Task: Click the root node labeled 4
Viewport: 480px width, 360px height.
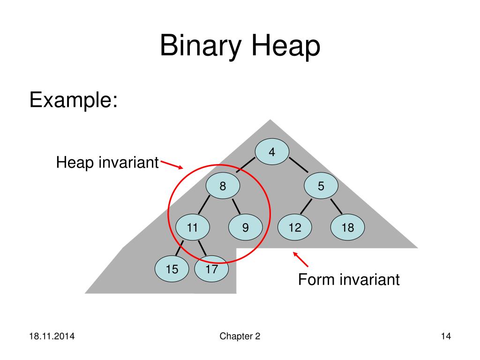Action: click(272, 152)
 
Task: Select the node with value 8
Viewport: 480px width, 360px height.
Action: click(223, 186)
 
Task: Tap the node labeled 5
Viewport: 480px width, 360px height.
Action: click(321, 186)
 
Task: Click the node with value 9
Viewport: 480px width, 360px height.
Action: click(245, 228)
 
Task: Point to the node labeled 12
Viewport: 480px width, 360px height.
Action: click(294, 228)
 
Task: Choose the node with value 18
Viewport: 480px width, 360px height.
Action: click(347, 228)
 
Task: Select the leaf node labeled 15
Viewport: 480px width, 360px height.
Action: click(172, 269)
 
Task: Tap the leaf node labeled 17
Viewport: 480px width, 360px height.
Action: click(211, 269)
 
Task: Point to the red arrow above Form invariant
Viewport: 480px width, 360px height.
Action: click(300, 259)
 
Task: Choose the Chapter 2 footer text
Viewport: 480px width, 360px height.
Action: click(240, 337)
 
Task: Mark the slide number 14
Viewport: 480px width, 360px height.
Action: click(446, 337)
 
